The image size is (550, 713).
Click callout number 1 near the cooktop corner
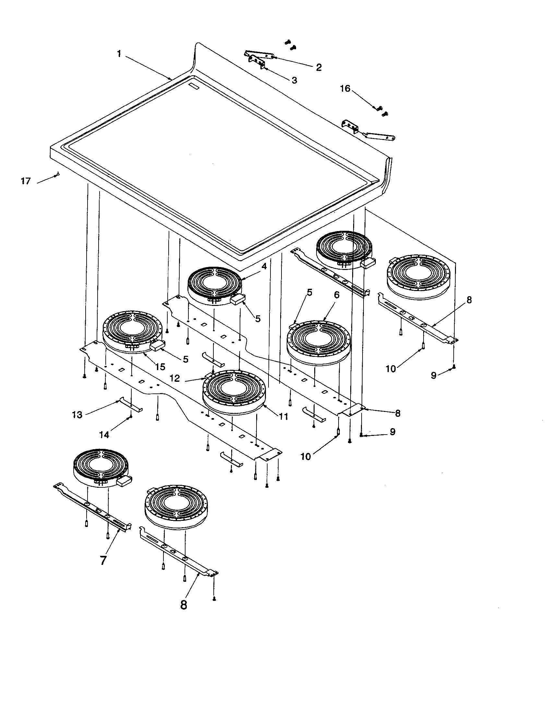(119, 54)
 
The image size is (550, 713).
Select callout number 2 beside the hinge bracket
(318, 67)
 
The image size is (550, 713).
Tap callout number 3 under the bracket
(294, 80)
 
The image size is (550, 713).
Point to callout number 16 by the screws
(345, 88)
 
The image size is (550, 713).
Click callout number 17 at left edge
(26, 181)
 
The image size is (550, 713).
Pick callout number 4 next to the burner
(264, 266)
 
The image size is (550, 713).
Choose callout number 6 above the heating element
(336, 295)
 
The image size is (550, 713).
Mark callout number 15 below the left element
(160, 367)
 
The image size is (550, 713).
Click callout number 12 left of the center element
(175, 378)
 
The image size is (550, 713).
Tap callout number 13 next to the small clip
(77, 415)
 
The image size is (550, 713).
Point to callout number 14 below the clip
(104, 435)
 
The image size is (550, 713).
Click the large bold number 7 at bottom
(103, 561)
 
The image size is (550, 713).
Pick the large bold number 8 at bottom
(184, 605)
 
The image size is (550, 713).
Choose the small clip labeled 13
(130, 405)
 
